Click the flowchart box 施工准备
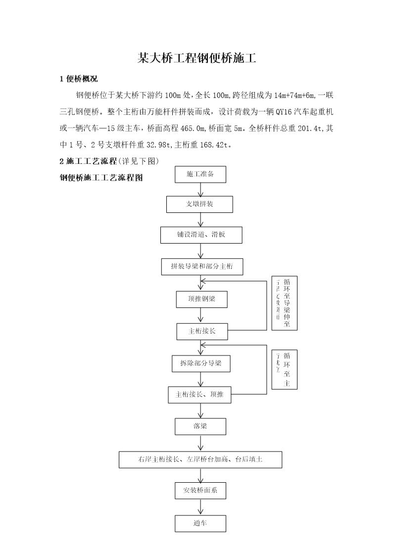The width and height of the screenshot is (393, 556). tap(200, 174)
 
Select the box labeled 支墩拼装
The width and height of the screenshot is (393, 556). tap(199, 204)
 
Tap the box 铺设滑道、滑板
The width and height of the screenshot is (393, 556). tap(201, 235)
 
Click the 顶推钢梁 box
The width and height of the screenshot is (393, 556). tap(201, 299)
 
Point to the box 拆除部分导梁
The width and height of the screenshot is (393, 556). tap(201, 364)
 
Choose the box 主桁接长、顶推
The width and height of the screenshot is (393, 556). tap(199, 395)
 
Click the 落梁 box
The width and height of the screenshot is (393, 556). tap(200, 426)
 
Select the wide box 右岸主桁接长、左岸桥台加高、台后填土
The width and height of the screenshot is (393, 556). tap(200, 459)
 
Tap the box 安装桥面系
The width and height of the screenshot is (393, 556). tap(200, 490)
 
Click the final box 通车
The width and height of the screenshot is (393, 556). tap(200, 523)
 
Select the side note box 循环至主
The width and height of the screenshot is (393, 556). tap(284, 369)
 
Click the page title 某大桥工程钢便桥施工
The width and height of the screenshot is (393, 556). tap(196, 58)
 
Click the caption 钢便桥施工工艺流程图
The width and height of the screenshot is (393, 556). tap(101, 178)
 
